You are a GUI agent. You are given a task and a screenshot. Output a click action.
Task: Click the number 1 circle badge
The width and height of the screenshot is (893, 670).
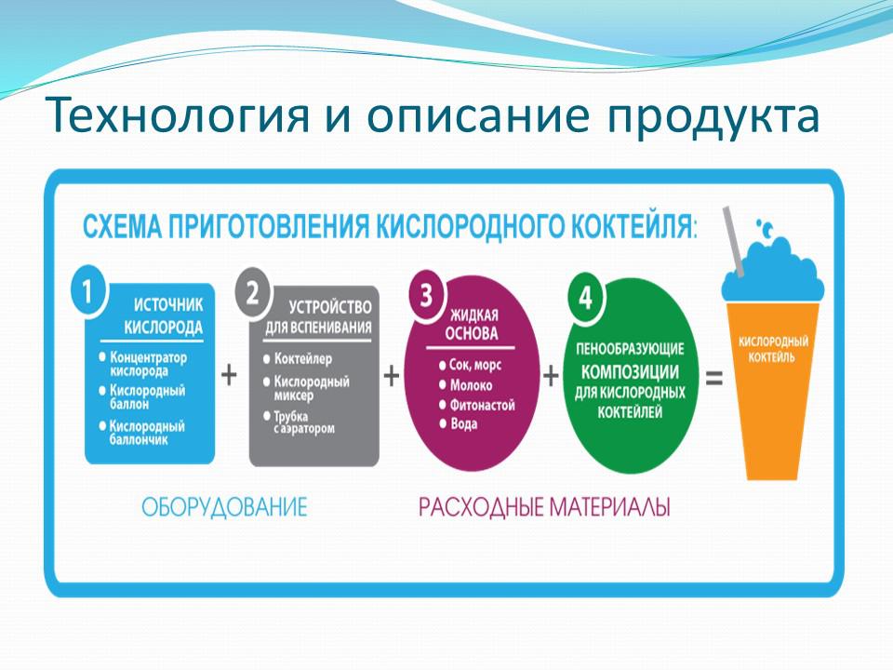[x=88, y=291]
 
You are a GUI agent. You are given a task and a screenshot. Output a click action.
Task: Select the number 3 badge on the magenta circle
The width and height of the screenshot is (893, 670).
[x=427, y=296]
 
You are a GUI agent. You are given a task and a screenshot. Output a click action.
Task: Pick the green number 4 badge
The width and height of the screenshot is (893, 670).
[x=586, y=298]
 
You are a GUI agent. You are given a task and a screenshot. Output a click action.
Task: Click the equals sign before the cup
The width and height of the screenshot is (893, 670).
[x=714, y=378]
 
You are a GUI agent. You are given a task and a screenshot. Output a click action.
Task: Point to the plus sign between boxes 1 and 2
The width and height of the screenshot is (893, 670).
[x=229, y=375]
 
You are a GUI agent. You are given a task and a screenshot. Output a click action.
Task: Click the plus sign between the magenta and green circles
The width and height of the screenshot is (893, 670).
[x=551, y=375]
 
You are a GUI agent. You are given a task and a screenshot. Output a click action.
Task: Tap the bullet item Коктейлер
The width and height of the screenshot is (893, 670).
[x=298, y=359]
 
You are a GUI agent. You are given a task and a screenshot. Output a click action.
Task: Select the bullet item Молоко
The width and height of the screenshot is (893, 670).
[x=465, y=385]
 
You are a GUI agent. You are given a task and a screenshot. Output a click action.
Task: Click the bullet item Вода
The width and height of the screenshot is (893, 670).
[x=459, y=424]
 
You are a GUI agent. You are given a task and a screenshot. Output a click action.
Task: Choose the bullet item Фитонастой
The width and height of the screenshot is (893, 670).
[x=476, y=405]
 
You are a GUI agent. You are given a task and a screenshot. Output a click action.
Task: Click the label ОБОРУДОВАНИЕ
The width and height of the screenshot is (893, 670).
[x=224, y=507]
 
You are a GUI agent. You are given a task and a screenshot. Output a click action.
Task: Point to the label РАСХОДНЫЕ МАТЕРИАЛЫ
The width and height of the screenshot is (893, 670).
[x=544, y=507]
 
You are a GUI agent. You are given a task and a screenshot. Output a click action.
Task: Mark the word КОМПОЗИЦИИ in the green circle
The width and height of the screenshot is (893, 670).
[x=630, y=372]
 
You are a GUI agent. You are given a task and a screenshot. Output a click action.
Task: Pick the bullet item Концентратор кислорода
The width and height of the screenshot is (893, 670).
[x=143, y=364]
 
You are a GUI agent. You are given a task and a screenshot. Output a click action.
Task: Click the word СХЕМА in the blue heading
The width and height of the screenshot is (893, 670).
[x=122, y=226]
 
